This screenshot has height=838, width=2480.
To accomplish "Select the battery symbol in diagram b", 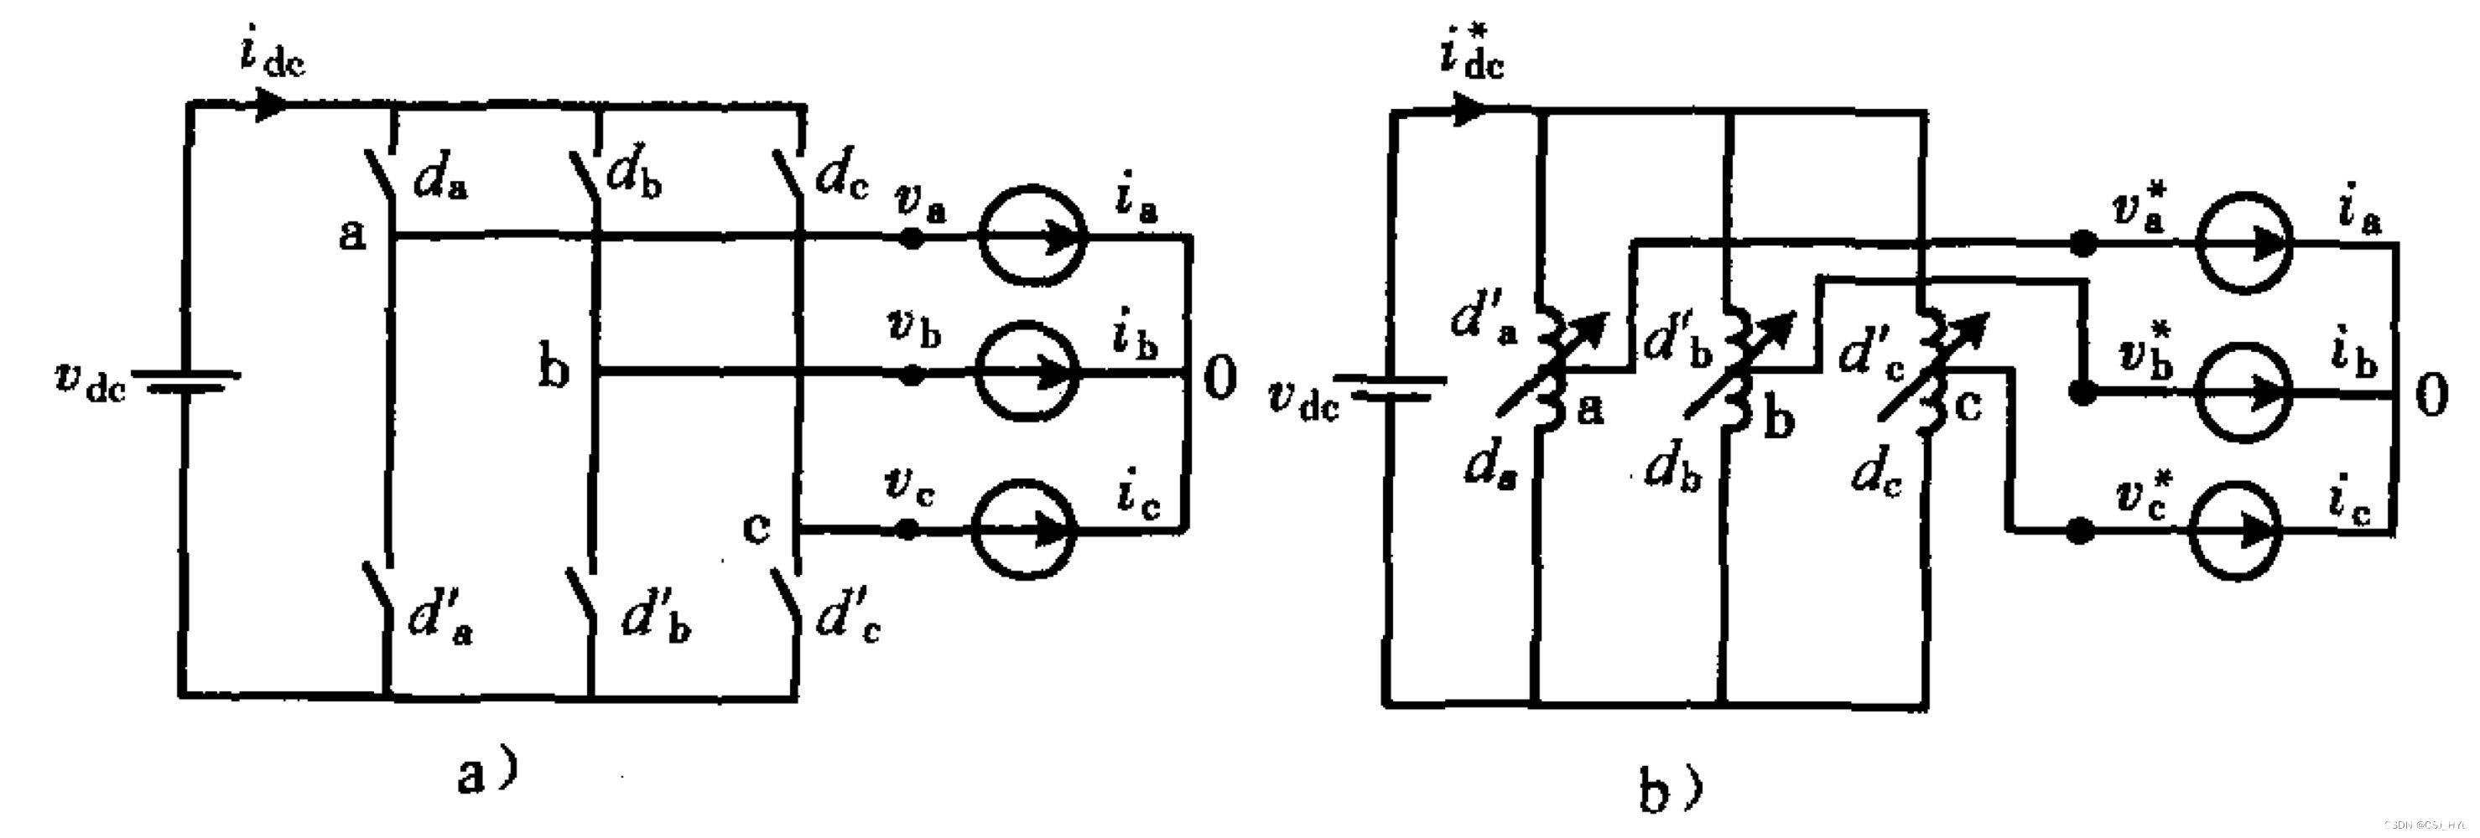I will click(x=1391, y=388).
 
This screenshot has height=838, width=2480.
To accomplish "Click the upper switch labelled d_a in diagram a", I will click(x=382, y=175).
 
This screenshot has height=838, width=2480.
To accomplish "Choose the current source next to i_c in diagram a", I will click(x=1023, y=528).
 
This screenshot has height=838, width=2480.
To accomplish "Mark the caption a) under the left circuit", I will click(x=487, y=773).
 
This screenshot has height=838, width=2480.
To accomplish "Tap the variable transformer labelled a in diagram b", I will click(x=1550, y=370).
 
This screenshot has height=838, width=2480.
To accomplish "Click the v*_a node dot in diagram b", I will click(x=2082, y=245).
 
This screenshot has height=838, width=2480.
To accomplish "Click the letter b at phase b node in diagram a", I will click(x=552, y=370).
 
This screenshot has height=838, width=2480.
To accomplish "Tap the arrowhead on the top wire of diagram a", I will click(x=272, y=103).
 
